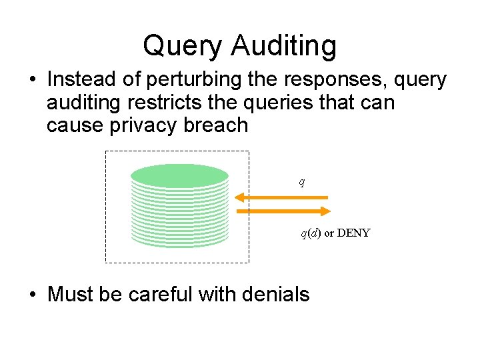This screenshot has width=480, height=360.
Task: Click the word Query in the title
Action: tap(182, 46)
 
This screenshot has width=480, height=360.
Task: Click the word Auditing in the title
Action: tap(284, 46)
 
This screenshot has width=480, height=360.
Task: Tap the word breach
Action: tap(217, 125)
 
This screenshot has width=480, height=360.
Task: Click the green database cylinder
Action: tap(179, 205)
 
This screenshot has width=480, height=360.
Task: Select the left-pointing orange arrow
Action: tap(282, 197)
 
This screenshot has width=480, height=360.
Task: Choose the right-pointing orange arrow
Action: tap(283, 211)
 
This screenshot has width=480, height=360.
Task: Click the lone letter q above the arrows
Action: tap(301, 181)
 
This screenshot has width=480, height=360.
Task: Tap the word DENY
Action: tap(353, 233)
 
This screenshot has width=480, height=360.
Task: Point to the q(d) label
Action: tap(311, 233)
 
